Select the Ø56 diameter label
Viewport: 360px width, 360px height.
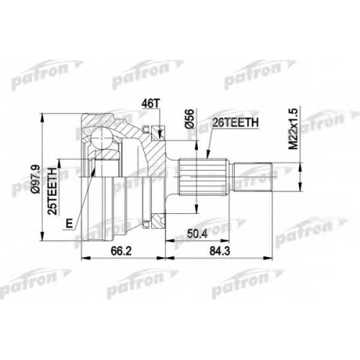[189, 118]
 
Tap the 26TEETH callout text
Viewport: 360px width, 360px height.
[235, 122]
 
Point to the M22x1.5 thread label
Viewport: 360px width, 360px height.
[293, 129]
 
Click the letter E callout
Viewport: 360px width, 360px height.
[69, 224]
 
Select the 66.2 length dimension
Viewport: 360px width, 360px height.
[121, 251]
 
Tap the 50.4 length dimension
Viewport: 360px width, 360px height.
[197, 233]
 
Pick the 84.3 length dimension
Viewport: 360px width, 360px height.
[220, 251]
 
